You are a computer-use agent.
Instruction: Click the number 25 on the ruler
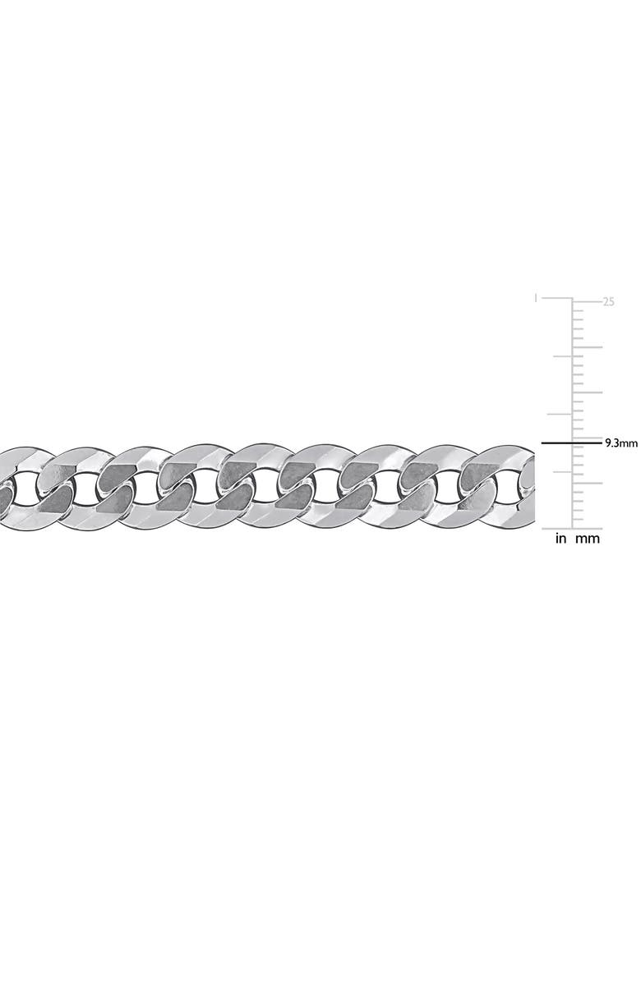pos(609,302)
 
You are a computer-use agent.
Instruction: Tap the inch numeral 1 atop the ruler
pos(536,300)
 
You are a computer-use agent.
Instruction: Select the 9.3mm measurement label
pos(621,443)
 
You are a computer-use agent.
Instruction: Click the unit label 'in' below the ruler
pos(561,539)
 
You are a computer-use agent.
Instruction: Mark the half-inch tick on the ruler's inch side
pos(564,415)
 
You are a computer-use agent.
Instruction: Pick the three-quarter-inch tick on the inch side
pos(564,357)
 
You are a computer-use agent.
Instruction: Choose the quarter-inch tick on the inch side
pos(564,472)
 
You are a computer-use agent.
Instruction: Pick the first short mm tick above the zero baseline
pos(579,519)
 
